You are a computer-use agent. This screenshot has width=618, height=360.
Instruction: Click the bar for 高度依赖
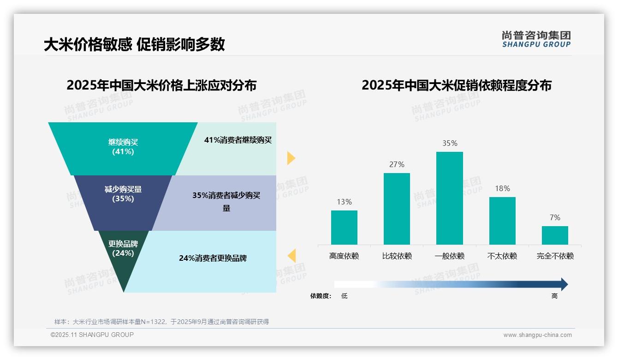click(x=344, y=228)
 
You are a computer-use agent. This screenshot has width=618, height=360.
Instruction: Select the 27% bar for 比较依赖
click(x=397, y=209)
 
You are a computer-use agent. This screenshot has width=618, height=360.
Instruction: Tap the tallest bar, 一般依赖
click(x=449, y=198)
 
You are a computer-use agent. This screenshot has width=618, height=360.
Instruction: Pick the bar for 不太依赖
click(x=502, y=221)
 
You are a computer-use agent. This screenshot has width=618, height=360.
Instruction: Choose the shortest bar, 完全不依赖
click(x=555, y=235)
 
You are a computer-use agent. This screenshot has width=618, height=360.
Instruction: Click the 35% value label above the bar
click(x=450, y=144)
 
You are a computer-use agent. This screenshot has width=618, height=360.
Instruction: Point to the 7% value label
click(x=555, y=217)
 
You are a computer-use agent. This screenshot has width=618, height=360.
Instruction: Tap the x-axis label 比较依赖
click(x=397, y=256)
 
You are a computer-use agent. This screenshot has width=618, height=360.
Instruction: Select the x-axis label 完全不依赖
click(x=555, y=256)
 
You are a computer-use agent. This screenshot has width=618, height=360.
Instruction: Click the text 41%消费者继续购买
click(x=238, y=140)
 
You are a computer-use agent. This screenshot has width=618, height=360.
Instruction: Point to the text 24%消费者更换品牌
click(x=213, y=258)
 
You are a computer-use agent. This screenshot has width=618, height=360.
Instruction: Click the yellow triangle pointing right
click(x=291, y=158)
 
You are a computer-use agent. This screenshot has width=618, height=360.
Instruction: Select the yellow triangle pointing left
click(x=291, y=255)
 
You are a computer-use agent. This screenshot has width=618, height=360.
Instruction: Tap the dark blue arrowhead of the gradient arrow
click(x=564, y=284)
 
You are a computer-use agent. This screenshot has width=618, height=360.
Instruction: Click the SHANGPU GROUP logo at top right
click(x=536, y=39)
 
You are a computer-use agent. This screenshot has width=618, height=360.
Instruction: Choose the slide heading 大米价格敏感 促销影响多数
click(x=134, y=44)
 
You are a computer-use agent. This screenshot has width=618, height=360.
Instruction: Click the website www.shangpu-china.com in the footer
click(x=537, y=335)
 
